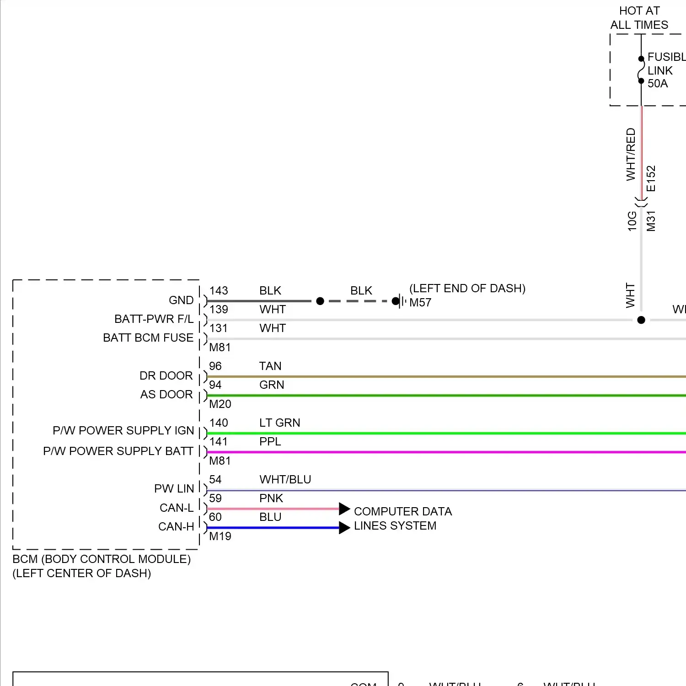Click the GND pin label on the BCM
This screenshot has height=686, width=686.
[181, 300]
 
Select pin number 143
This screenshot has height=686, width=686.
[219, 291]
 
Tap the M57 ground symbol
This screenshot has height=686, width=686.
[401, 301]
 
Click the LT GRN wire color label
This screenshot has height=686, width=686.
[279, 423]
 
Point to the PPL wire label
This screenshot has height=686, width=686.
[270, 442]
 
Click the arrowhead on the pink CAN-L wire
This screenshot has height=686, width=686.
[344, 509]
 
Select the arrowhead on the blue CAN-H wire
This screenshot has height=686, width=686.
[344, 528]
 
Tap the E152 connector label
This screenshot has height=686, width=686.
[651, 179]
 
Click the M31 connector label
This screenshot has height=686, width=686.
[651, 221]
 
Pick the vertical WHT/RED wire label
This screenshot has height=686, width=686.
[631, 154]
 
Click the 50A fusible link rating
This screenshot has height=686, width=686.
[657, 84]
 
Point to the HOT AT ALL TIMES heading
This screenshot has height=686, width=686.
[639, 18]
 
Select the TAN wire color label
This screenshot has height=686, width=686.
[270, 366]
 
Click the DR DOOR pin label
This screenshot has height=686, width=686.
[166, 376]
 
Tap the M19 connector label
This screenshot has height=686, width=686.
[220, 536]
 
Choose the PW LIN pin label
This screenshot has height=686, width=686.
[174, 489]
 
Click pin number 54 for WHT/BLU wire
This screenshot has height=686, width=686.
[215, 480]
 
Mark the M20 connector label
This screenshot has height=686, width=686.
[220, 404]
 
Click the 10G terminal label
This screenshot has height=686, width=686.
[632, 221]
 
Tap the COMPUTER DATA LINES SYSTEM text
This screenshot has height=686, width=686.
[402, 519]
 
